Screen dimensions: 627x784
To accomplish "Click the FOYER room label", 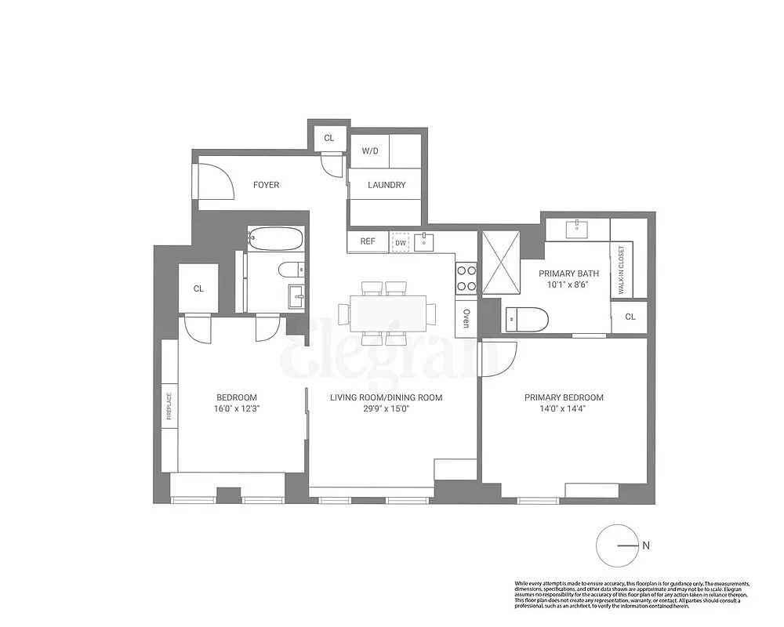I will pos(266,185).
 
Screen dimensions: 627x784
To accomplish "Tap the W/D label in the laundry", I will pos(369,150).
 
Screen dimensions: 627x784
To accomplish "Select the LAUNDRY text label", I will pos(387,185).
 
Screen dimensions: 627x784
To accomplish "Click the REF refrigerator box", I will pos(368,241).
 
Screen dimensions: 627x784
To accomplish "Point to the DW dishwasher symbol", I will pos(401,242).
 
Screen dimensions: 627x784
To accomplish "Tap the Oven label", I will pos(466,317).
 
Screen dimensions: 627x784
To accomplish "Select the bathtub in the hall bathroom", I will pos(275,238).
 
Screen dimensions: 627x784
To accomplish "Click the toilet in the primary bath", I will pos(527,318).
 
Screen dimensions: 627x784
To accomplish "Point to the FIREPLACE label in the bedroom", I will pos(169,406).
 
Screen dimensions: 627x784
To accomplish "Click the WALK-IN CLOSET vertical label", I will pos(621,270).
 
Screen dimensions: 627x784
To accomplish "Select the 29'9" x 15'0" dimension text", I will pos(386,409).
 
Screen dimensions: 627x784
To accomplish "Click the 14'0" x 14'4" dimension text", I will pos(564,409).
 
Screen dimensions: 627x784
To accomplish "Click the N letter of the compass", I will pos(646,545).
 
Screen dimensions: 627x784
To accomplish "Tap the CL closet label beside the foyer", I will pos(329,138).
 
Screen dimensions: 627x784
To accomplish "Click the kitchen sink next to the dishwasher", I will pos(424,241).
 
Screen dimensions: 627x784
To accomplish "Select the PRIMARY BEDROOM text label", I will pos(564,397).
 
